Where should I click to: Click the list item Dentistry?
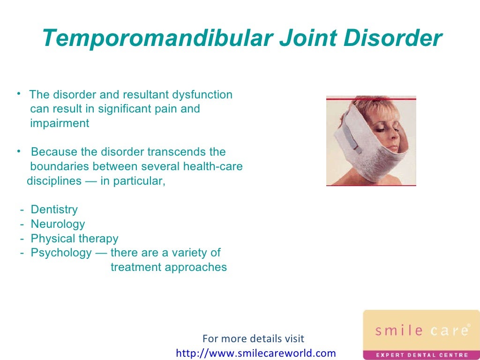(x=54, y=210)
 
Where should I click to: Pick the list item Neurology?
(x=58, y=224)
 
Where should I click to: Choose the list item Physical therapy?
(x=75, y=239)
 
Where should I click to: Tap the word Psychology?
(x=61, y=253)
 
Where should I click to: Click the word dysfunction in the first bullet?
(x=202, y=95)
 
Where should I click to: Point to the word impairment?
(x=60, y=123)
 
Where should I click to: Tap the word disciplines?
(x=54, y=181)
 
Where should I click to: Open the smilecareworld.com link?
(x=256, y=353)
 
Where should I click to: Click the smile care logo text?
(x=421, y=330)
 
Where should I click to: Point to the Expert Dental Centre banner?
(x=421, y=355)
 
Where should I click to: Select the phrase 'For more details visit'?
(x=253, y=338)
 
